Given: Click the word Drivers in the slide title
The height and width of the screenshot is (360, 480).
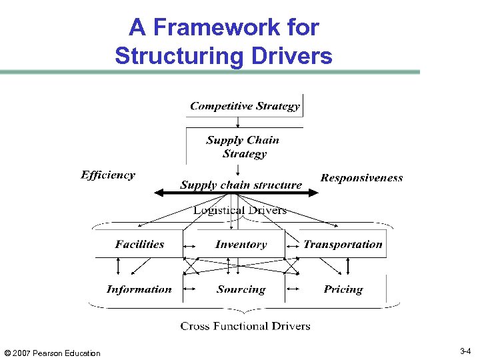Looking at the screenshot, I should coord(291,55).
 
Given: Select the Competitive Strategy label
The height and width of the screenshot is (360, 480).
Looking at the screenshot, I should coord(245,106).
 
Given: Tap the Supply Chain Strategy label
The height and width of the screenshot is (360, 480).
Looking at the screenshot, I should coord(243,147).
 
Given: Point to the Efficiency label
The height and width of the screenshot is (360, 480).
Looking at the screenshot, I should coord(108,175).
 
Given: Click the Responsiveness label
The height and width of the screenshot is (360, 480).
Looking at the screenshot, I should coord(361,178).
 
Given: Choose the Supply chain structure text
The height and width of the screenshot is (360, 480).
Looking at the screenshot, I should coord(241,185).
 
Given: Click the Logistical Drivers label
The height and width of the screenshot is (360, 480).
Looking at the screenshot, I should coord(240,211).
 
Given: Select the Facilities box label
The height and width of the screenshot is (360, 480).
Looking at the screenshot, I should coord(139,244).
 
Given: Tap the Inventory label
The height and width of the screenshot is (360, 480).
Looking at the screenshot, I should coord(241,245).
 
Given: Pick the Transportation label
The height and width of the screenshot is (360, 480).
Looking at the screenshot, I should coord(343,245).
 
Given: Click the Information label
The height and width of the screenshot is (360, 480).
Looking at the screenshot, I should coord(139,289).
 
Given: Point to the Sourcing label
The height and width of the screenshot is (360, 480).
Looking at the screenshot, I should coord(241,289).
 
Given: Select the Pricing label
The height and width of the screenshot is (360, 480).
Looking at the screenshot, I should coord(343,289).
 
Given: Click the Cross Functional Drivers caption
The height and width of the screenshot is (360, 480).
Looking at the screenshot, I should coord(245,326).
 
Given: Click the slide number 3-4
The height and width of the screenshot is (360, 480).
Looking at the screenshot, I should coord(465,351).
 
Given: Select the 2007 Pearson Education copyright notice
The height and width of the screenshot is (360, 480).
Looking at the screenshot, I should coord(52,353).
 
